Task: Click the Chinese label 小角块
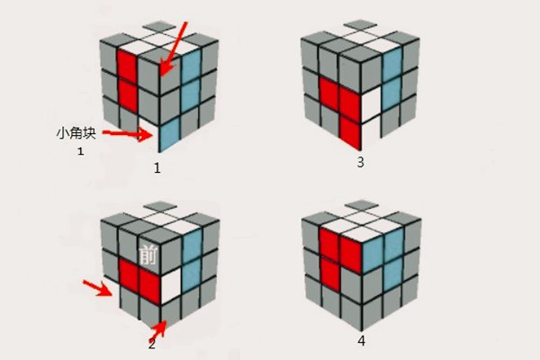[76, 133]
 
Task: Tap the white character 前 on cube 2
[148, 255]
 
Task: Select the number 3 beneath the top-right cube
[360, 162]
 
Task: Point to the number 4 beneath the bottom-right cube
[361, 341]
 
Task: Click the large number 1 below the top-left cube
[157, 168]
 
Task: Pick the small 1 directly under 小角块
[80, 151]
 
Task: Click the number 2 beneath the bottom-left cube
[152, 344]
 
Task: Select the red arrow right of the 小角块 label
[128, 135]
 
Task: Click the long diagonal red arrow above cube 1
[174, 49]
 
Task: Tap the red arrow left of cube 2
[98, 288]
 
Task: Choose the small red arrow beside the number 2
[158, 329]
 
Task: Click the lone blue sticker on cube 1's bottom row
[169, 134]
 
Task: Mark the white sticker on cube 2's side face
[170, 286]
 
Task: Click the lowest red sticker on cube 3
[350, 133]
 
